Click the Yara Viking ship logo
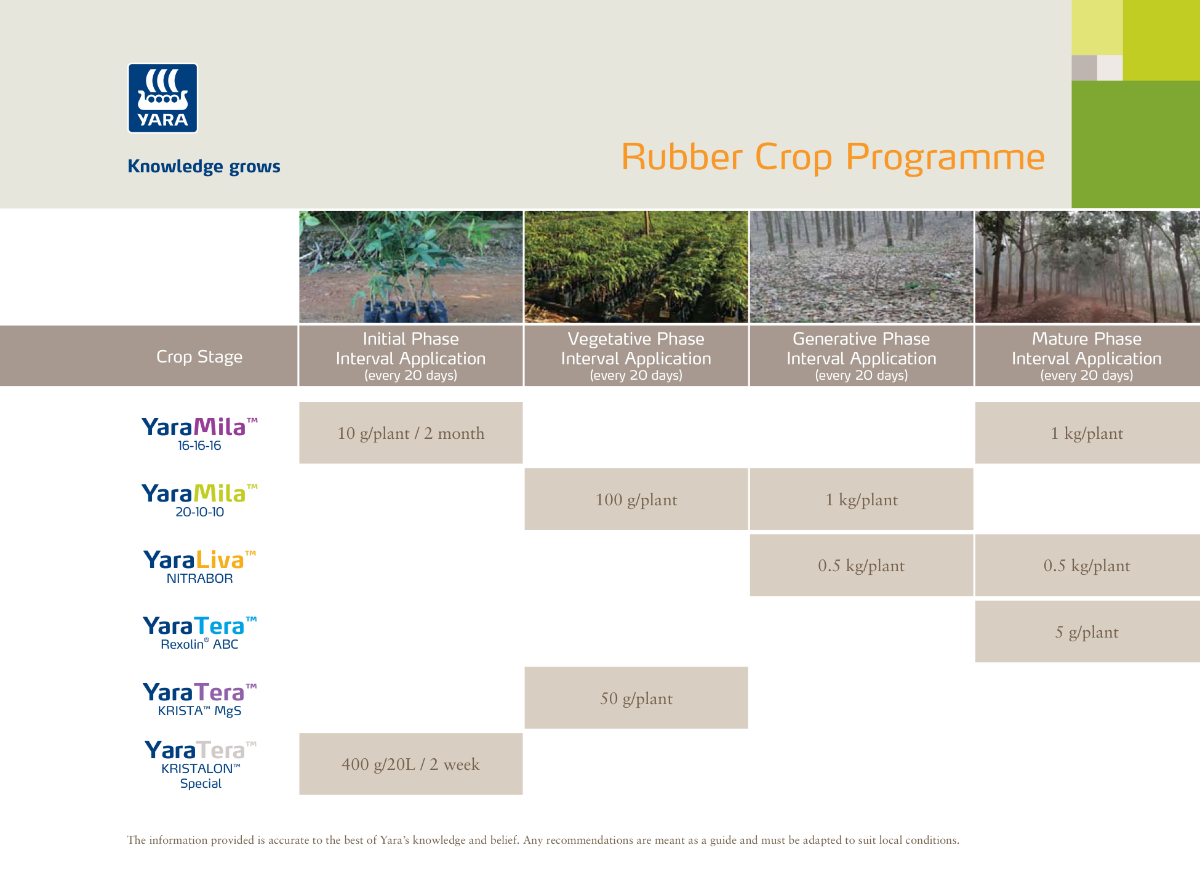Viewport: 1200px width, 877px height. point(162,98)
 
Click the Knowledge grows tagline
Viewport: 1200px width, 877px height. point(204,166)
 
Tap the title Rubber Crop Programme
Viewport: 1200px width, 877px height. point(833,157)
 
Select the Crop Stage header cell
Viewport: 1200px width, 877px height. point(199,356)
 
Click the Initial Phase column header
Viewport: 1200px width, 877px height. point(410,356)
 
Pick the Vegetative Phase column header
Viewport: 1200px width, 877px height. point(636,356)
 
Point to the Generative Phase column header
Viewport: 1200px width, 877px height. point(861,356)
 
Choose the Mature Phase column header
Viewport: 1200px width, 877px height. point(1086,356)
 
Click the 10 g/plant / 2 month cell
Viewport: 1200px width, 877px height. point(410,433)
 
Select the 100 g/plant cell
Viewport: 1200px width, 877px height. point(636,499)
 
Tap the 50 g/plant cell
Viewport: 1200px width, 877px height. point(636,698)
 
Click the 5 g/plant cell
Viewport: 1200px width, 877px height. point(1086,631)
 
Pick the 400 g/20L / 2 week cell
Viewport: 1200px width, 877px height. point(410,764)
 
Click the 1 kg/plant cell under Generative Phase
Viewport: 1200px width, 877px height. point(861,499)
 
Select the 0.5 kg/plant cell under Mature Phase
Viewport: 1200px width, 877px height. point(1086,565)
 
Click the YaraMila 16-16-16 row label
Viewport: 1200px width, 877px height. point(199,433)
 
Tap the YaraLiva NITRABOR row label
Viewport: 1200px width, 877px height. point(199,566)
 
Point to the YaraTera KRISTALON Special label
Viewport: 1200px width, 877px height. point(200,764)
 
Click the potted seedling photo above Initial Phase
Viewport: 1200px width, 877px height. point(410,266)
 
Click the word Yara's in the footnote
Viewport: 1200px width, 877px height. point(394,840)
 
